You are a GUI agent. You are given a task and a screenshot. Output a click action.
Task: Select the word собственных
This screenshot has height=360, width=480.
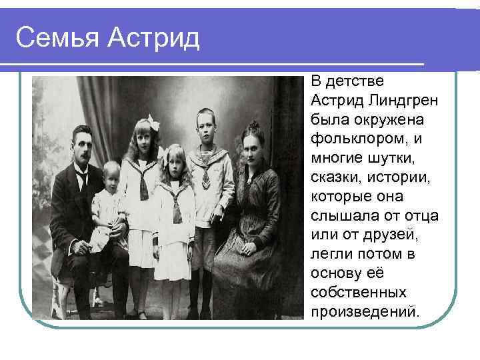360,293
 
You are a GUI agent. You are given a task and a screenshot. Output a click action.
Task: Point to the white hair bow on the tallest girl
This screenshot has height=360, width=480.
155,121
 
